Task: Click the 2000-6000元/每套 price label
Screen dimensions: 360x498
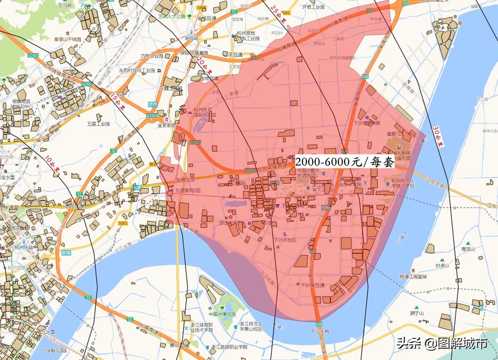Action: [344, 162]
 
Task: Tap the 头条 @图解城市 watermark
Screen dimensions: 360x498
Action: [441, 344]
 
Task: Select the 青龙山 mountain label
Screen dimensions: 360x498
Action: [468, 249]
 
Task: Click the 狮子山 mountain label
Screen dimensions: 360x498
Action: [417, 313]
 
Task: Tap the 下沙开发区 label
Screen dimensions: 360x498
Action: [285, 240]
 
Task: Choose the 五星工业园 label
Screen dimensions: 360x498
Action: [98, 124]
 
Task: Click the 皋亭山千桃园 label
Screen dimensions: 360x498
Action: [68, 39]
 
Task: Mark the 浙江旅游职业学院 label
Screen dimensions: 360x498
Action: [229, 347]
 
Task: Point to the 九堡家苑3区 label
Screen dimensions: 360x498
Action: [188, 191]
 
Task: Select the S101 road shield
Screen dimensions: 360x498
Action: [123, 223]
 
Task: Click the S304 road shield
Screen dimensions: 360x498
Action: [201, 8]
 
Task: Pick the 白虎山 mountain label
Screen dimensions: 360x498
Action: [442, 265]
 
